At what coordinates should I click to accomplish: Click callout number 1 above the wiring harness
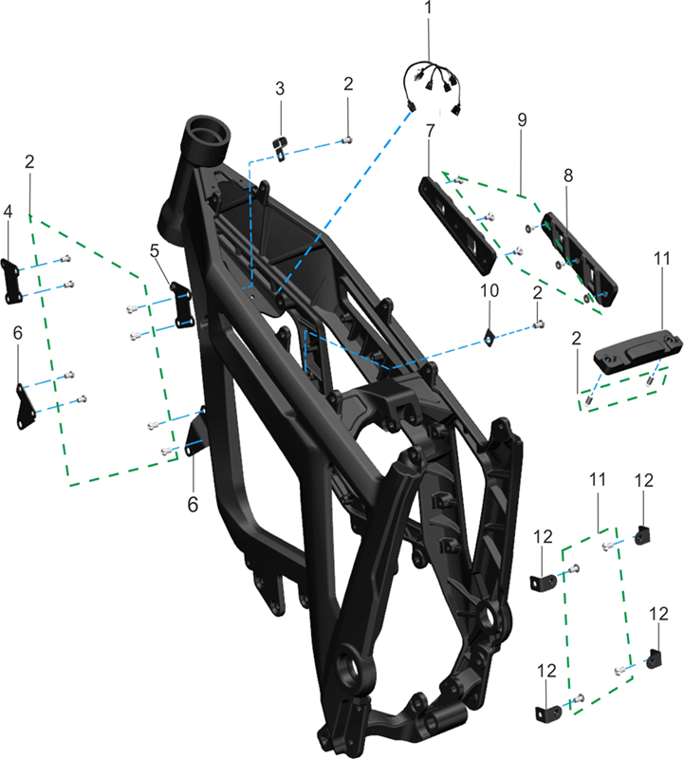(428, 8)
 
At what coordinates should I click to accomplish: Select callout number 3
(280, 89)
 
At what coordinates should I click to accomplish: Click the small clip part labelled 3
(280, 147)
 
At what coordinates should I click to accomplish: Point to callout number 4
(8, 211)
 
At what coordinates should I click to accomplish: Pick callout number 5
(155, 250)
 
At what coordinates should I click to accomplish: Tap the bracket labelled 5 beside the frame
(182, 305)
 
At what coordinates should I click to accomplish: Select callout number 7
(431, 130)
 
